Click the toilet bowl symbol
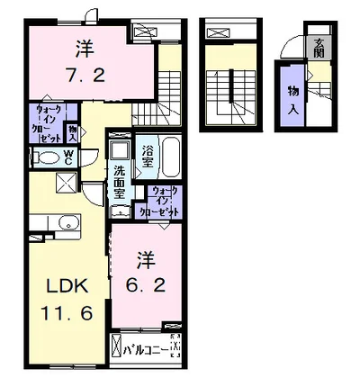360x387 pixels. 43,157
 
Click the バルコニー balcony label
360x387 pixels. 147,346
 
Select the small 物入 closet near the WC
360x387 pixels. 74,134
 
